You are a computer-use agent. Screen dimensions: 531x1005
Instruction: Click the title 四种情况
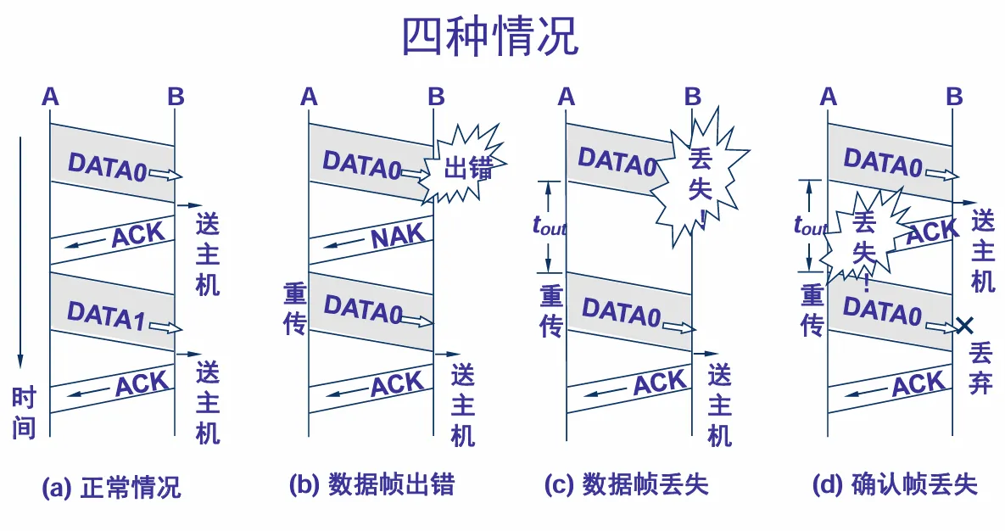pos(489,36)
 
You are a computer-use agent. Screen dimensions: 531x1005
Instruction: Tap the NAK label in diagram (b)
pos(398,238)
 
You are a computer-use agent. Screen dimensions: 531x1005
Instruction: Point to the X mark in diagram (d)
pos(963,324)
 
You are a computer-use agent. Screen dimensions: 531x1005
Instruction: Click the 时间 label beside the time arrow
pos(24,412)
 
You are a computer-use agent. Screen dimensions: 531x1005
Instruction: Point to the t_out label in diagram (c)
pos(548,226)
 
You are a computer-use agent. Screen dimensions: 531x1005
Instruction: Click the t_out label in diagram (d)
pos(809,226)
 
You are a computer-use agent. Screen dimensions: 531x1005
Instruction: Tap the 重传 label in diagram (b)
pos(294,310)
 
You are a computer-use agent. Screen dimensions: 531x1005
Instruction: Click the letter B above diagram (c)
pos(693,97)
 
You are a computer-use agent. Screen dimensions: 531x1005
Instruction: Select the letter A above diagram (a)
pos(50,97)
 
